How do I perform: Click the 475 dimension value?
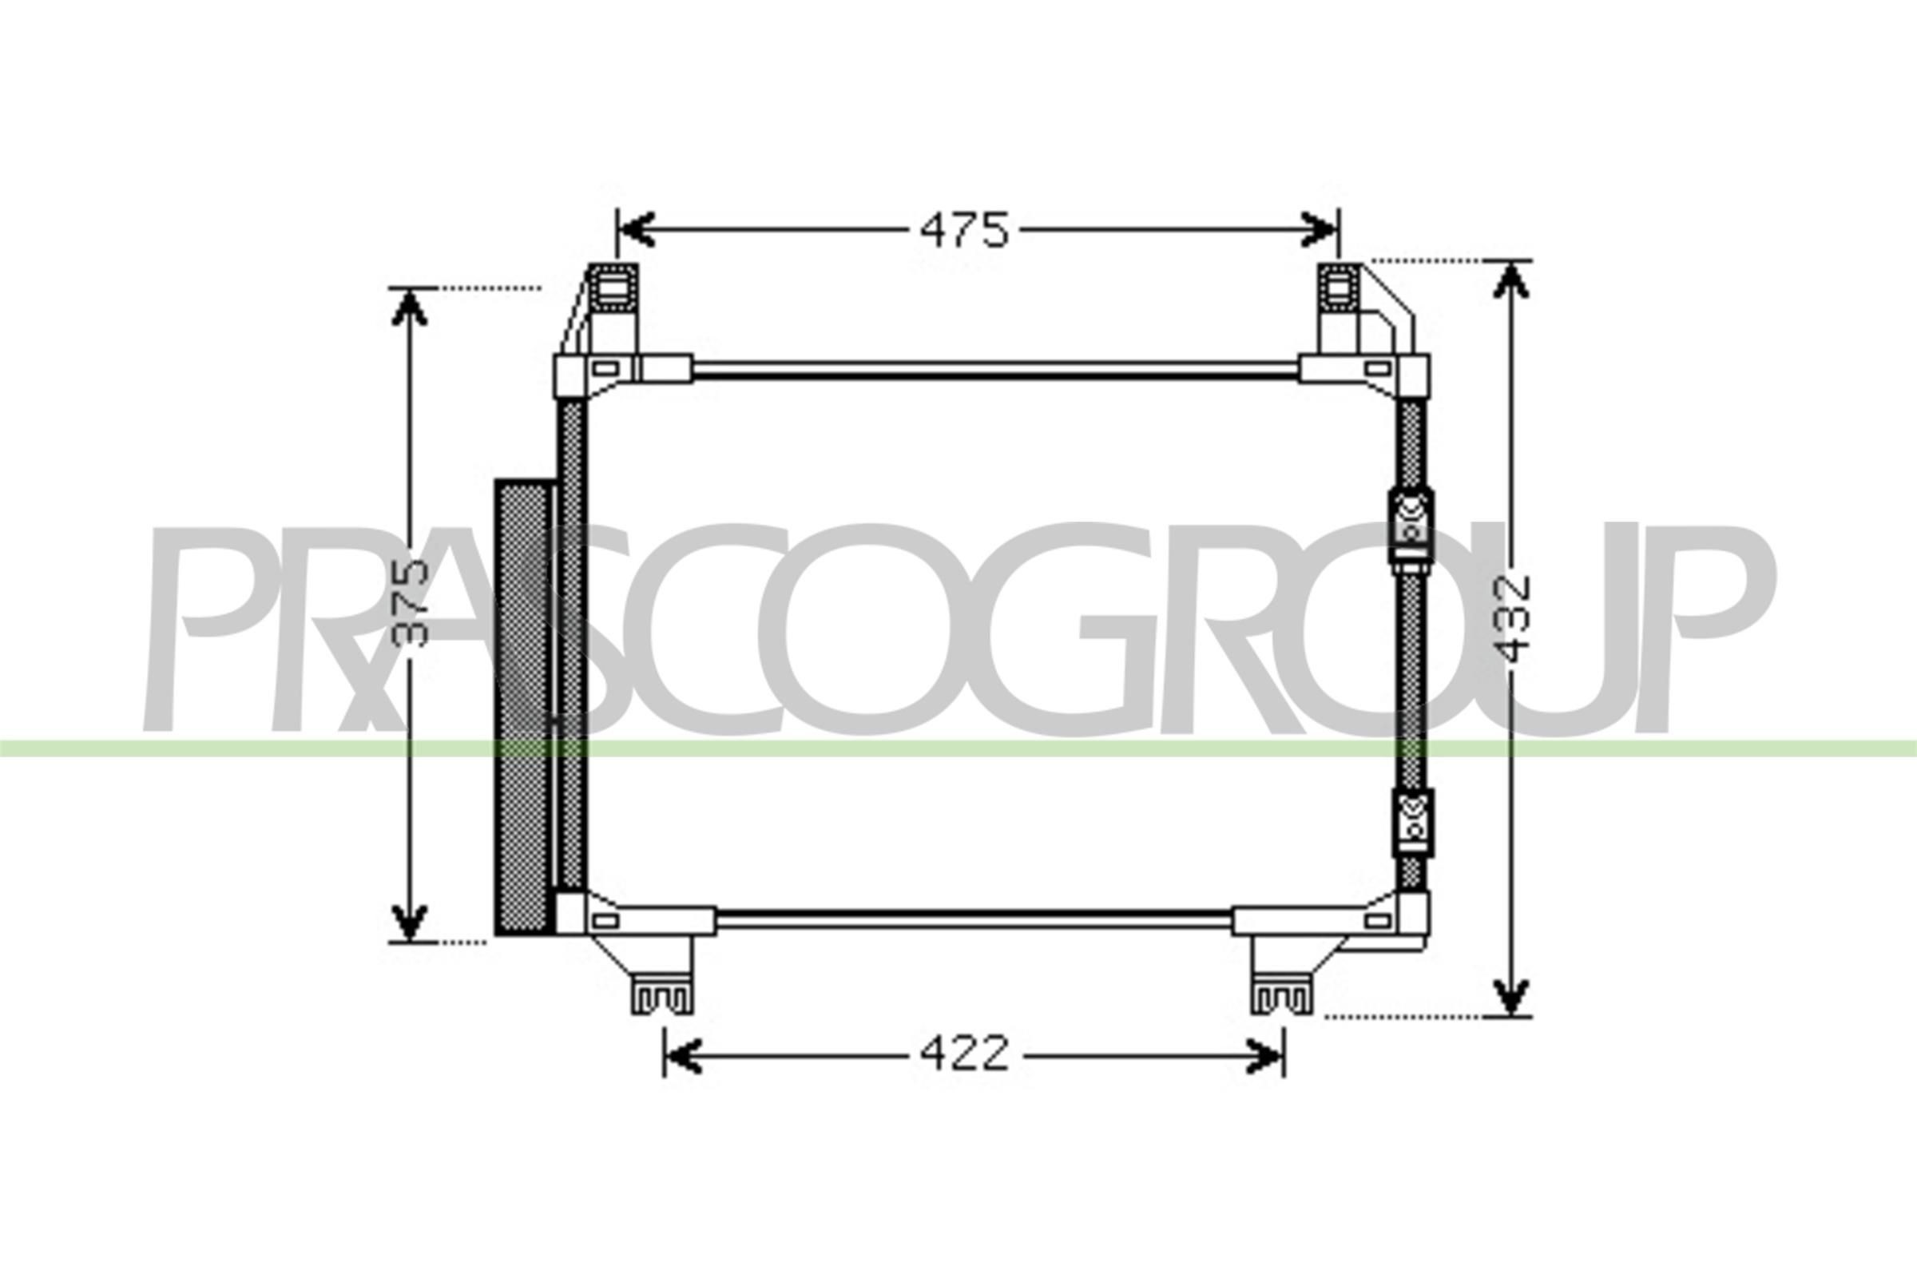964,231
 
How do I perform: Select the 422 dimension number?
964,1054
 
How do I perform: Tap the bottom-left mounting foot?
662,995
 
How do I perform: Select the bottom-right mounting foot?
1281,995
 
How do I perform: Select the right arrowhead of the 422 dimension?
1266,1056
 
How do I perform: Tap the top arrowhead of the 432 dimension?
1510,280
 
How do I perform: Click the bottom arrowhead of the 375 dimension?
410,922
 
